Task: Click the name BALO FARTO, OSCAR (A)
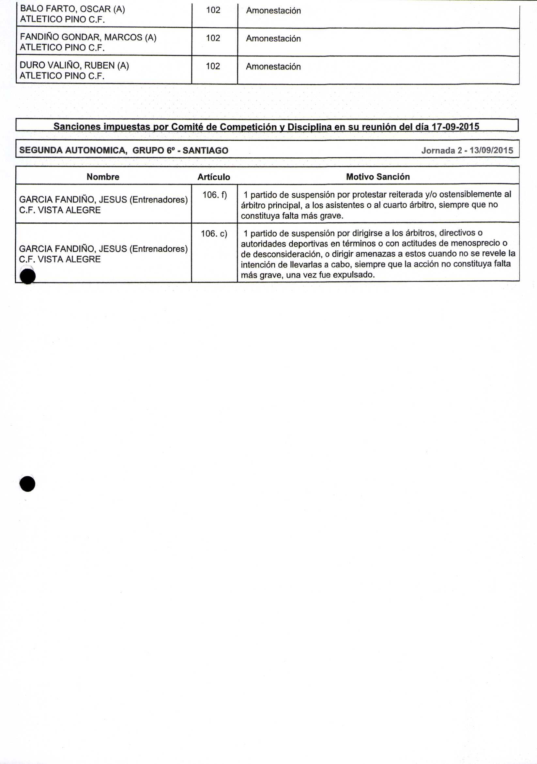(x=72, y=9)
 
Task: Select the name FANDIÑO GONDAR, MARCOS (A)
(x=88, y=37)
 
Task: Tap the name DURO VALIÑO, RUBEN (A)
(x=74, y=65)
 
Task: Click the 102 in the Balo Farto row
(x=213, y=10)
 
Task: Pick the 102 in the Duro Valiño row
(x=213, y=66)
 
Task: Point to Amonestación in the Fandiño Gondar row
(x=273, y=39)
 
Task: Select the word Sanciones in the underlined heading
(x=77, y=126)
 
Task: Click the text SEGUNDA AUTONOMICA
(x=73, y=151)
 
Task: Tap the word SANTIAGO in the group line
(x=205, y=151)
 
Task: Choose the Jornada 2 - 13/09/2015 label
(x=467, y=151)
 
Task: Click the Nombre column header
(x=103, y=177)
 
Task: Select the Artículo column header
(x=214, y=177)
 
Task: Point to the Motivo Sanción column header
(x=378, y=177)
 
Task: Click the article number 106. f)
(x=214, y=195)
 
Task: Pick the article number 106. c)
(x=214, y=233)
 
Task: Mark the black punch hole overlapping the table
(x=28, y=276)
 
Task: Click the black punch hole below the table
(x=27, y=484)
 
